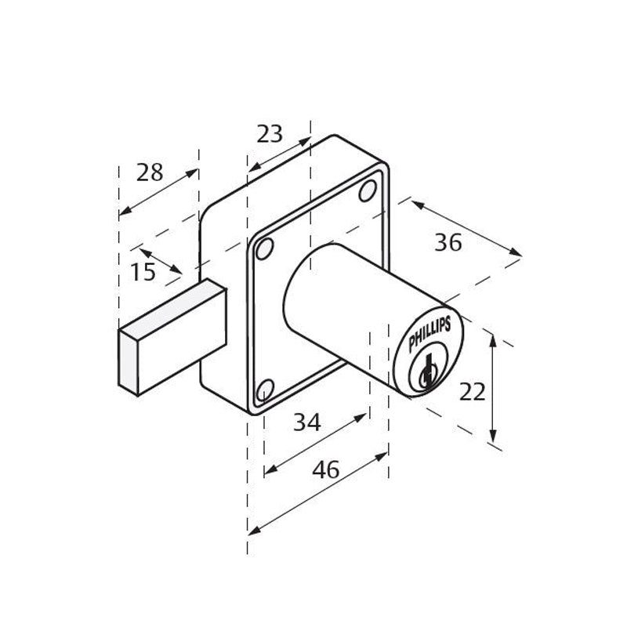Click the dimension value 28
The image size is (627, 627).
tap(150, 172)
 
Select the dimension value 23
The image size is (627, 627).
tap(270, 134)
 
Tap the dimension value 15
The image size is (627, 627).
tap(143, 272)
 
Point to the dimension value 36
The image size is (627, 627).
tap(448, 243)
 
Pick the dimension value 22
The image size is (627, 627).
tap(473, 391)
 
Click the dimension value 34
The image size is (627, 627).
tap(307, 422)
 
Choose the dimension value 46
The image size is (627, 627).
tap(326, 469)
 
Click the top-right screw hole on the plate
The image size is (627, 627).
tap(368, 190)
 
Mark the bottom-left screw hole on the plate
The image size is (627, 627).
tap(264, 389)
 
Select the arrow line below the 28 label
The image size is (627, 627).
tap(158, 193)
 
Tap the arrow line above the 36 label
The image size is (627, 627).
tap(466, 227)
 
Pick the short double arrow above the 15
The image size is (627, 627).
tap(161, 261)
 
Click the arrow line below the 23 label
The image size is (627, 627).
tap(279, 153)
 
